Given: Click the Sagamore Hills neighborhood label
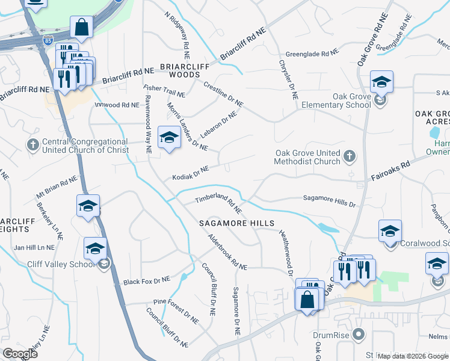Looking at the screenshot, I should point(237,223).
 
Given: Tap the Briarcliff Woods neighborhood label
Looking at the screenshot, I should point(180,70).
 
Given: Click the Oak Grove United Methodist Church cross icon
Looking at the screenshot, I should point(350,157).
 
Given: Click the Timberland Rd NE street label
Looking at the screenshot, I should point(218,203).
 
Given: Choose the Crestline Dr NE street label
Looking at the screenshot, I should point(223,94).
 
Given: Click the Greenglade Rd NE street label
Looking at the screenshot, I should point(312,54).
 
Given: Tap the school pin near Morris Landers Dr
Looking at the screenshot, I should point(170,138).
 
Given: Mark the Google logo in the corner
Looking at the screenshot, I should point(19,354).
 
